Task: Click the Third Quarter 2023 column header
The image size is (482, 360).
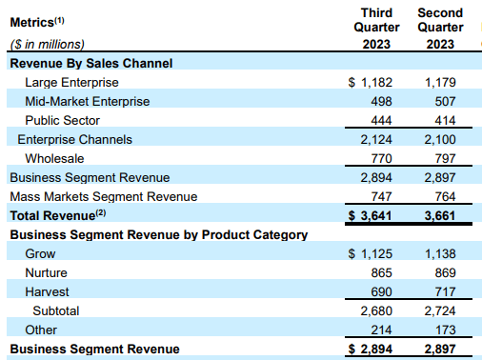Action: (379, 28)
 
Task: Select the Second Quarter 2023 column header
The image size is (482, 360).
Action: (441, 28)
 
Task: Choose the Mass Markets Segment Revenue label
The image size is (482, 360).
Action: (103, 196)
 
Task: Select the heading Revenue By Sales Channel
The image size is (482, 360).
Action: (90, 64)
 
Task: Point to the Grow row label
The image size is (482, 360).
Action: (41, 253)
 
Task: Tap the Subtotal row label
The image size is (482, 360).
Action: (58, 310)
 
